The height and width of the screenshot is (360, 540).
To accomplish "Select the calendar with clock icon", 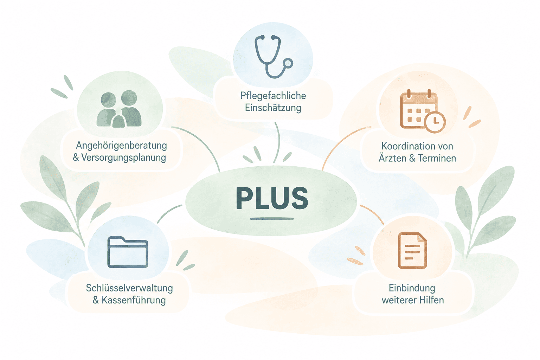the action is [x=422, y=111].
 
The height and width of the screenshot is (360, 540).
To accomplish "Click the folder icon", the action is [x=128, y=252].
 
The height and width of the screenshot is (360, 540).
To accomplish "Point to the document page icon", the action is [x=412, y=251].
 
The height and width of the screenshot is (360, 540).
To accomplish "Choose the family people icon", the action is [x=119, y=109].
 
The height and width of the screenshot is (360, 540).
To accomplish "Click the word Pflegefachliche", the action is [x=273, y=96].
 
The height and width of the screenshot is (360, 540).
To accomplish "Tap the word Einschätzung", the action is [x=273, y=108].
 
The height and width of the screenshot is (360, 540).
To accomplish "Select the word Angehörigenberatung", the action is [x=122, y=146].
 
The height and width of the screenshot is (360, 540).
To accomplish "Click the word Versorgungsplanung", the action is [x=124, y=158].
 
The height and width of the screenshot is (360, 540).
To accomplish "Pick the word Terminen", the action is [x=437, y=158].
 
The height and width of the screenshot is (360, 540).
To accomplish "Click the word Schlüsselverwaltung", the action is [x=129, y=288].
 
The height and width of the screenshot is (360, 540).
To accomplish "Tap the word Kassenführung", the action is [x=134, y=300].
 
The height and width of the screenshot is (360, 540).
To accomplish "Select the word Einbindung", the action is [x=412, y=288].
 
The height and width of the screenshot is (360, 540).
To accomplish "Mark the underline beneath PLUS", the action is [x=272, y=219].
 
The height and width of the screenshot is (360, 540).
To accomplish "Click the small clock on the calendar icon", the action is [x=435, y=122].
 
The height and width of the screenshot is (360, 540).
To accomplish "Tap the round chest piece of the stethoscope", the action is [x=288, y=63].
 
